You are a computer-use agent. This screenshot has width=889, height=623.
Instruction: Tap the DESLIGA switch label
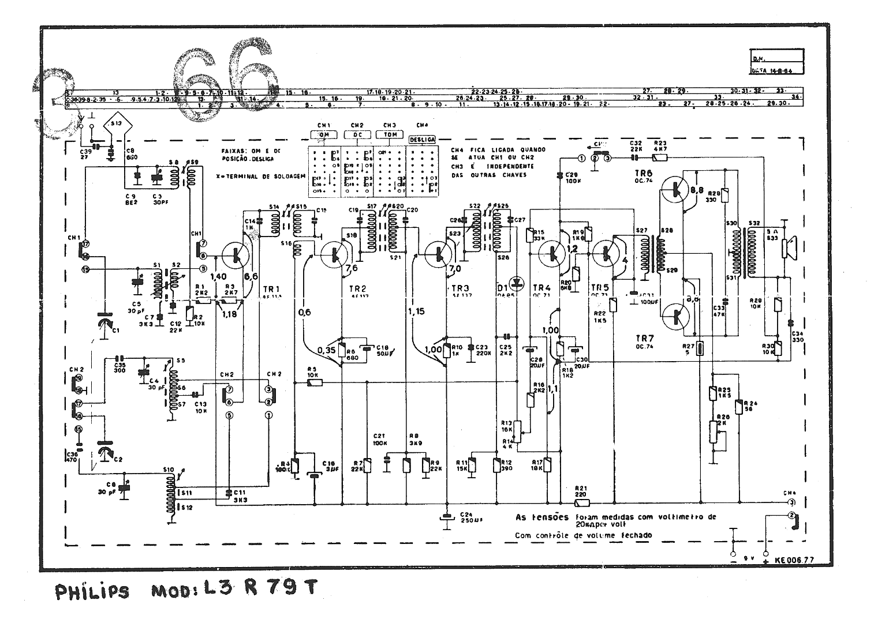pos(421,139)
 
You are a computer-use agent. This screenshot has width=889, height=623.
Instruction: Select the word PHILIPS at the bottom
pos(92,592)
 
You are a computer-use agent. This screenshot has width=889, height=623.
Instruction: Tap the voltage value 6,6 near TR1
pos(252,276)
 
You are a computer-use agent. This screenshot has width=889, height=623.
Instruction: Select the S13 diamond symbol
pos(116,123)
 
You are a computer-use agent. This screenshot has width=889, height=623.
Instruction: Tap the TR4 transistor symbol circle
pos(553,253)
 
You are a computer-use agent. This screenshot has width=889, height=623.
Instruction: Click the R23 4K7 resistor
pos(660,156)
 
